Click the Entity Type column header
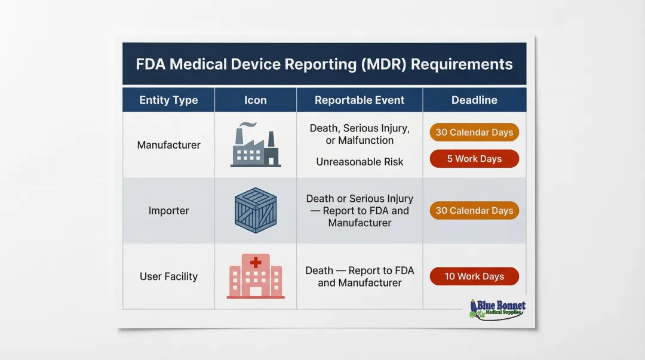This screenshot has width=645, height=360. pyautogui.click(x=168, y=100)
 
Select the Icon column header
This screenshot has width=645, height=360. pyautogui.click(x=255, y=100)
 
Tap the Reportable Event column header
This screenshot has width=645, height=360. pyautogui.click(x=360, y=100)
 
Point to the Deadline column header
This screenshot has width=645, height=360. pyautogui.click(x=474, y=100)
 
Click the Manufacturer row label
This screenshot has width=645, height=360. pyautogui.click(x=168, y=145)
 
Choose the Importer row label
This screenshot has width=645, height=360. pyautogui.click(x=168, y=211)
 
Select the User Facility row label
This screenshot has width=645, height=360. pyautogui.click(x=168, y=276)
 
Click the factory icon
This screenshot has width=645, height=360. pyautogui.click(x=255, y=147)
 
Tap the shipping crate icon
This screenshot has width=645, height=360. pyautogui.click(x=255, y=211)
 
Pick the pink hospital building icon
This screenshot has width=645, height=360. pyautogui.click(x=256, y=276)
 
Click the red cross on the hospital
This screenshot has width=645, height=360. pyautogui.click(x=256, y=262)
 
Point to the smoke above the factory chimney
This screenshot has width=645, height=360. pyautogui.click(x=247, y=125)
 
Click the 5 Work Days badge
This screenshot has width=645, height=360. pyautogui.click(x=474, y=159)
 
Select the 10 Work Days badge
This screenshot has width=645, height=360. pyautogui.click(x=474, y=276)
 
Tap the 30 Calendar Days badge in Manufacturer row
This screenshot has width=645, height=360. pyautogui.click(x=474, y=133)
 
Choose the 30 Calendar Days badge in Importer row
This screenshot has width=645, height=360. pyautogui.click(x=474, y=211)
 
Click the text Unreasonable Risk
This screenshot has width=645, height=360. pyautogui.click(x=360, y=162)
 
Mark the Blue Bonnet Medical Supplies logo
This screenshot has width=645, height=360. pyautogui.click(x=497, y=308)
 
